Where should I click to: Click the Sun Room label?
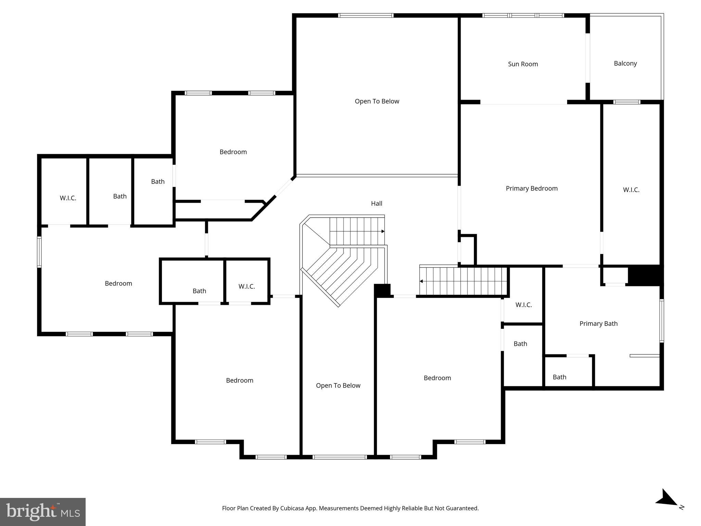523,64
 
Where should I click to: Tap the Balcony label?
625,63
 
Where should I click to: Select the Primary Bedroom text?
531,188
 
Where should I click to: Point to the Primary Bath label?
598,324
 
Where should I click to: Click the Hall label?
376,203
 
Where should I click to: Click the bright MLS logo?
43,512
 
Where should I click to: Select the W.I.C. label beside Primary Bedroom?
631,190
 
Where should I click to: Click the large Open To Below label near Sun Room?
377,101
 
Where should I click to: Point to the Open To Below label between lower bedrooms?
338,386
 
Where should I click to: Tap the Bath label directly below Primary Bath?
559,377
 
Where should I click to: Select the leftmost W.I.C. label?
68,198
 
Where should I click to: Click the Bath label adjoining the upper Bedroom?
158,181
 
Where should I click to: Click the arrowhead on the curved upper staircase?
383,231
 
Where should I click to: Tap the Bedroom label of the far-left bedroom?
118,284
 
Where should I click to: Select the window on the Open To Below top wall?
365,15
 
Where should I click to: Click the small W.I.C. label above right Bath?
523,305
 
